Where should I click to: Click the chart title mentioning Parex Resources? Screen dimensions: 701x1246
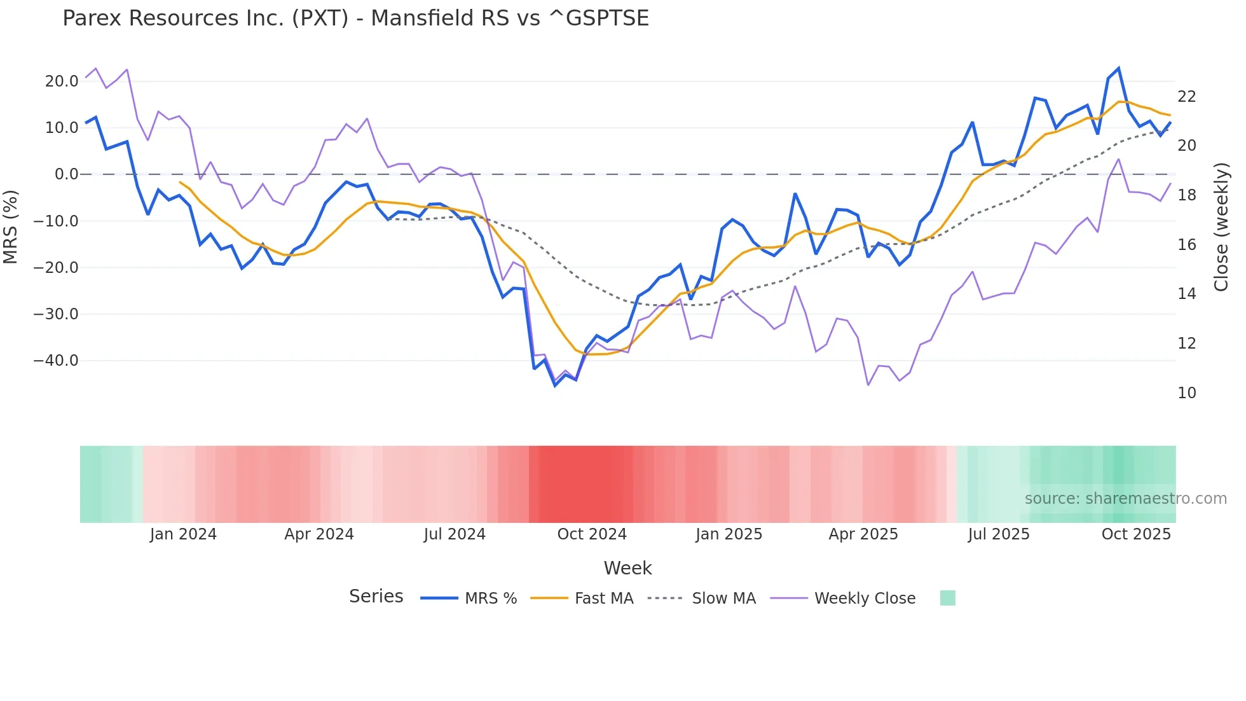(x=355, y=18)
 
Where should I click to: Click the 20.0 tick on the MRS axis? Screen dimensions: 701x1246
(x=62, y=81)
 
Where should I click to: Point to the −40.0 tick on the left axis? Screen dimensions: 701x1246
(x=56, y=361)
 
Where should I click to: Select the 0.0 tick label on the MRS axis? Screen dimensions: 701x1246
(x=67, y=174)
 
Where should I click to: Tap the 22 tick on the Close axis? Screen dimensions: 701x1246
(x=1186, y=97)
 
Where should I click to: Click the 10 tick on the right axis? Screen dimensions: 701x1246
(x=1186, y=393)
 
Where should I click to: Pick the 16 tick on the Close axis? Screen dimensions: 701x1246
(x=1186, y=245)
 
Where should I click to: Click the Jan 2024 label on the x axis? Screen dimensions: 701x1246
(x=183, y=534)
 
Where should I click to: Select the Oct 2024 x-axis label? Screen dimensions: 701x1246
(x=592, y=534)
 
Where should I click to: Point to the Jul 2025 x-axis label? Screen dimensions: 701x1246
(x=999, y=534)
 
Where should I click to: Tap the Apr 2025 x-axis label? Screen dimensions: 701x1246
(x=863, y=534)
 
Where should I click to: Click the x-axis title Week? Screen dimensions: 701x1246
(x=627, y=568)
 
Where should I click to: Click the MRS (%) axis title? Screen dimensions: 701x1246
(x=10, y=227)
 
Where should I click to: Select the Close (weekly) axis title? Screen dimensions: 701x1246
(x=1221, y=227)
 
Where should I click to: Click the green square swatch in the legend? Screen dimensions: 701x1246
(x=947, y=598)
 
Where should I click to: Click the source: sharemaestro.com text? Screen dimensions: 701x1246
(x=1125, y=499)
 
